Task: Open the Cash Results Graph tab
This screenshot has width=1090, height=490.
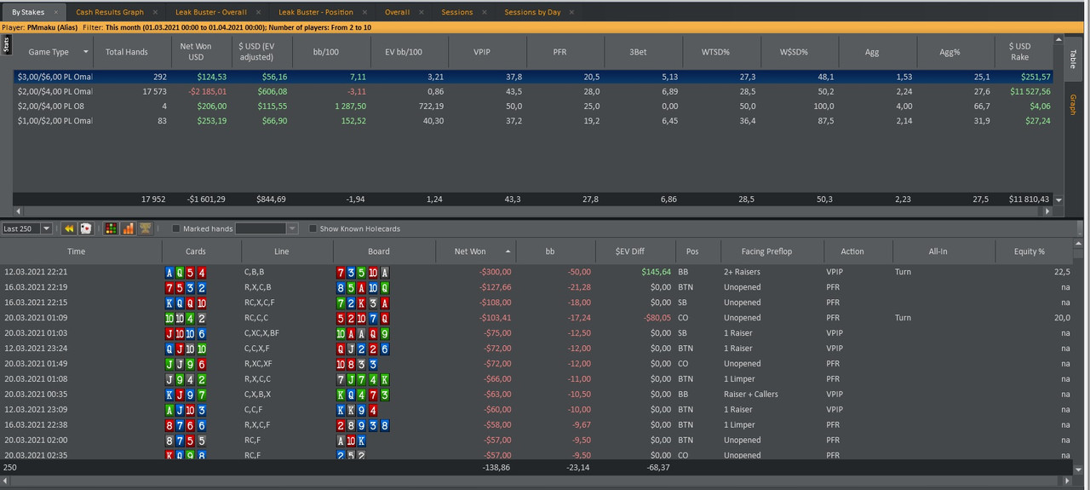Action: (x=110, y=12)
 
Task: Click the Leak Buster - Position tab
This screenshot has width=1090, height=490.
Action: (x=315, y=12)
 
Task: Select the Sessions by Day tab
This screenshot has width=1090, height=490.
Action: (x=532, y=12)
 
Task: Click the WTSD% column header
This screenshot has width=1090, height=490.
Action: (x=715, y=52)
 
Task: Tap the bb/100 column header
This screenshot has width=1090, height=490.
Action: (x=325, y=52)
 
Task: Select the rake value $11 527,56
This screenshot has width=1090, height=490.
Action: (x=1030, y=91)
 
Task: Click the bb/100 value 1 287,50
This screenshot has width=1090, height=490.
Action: (x=350, y=107)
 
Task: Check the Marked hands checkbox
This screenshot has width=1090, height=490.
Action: (x=176, y=228)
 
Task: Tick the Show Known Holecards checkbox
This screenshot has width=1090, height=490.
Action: (x=313, y=228)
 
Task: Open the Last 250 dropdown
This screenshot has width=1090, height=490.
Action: (x=46, y=228)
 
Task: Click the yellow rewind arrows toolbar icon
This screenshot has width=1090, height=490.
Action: (x=69, y=228)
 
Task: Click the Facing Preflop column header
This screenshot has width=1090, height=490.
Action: (x=766, y=251)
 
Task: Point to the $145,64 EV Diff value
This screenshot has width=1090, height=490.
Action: (x=656, y=272)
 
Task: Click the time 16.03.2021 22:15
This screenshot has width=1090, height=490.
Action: (x=36, y=303)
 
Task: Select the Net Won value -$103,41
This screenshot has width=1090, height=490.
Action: (x=495, y=318)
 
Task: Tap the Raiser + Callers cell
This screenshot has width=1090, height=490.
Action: (x=751, y=394)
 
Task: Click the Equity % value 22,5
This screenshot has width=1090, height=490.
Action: (x=1062, y=272)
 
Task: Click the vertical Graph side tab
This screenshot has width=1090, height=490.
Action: (x=1073, y=104)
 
